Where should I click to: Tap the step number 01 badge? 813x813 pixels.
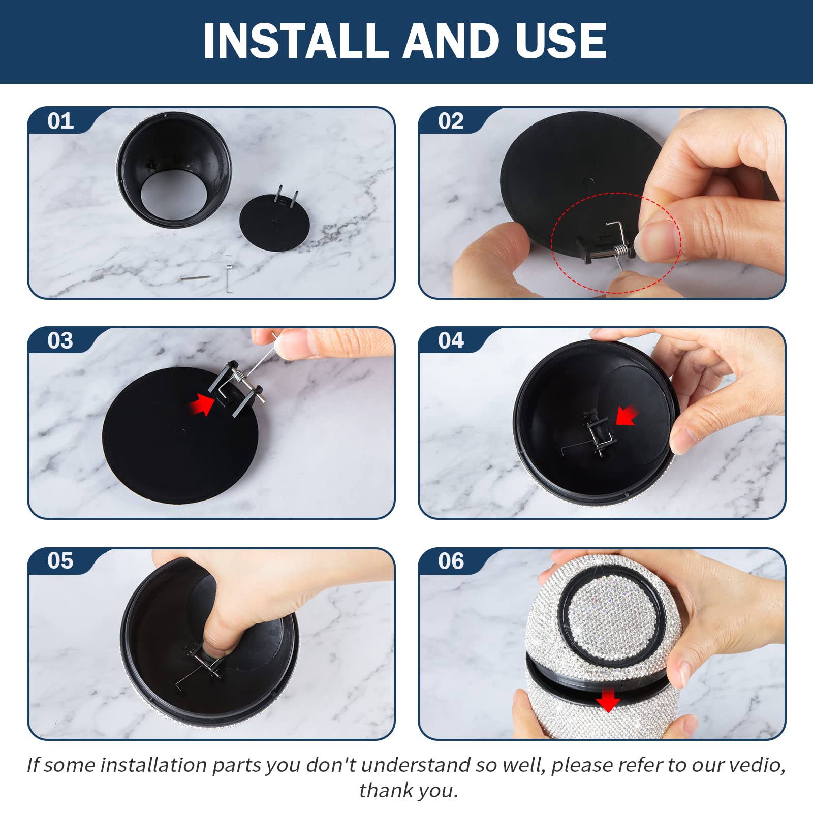point(60,121)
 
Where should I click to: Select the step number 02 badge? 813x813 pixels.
point(451,121)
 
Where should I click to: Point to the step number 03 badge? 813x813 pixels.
point(60,340)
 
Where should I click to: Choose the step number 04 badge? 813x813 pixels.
point(451,340)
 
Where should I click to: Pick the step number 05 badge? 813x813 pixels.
point(60,560)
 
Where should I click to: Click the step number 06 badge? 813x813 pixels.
point(451,560)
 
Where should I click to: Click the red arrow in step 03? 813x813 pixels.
point(202,404)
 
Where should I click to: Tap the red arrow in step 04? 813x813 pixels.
point(627,415)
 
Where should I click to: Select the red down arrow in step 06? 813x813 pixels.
point(608,701)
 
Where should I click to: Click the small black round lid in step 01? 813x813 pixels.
point(274,223)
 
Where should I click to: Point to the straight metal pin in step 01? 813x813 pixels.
point(195,278)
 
